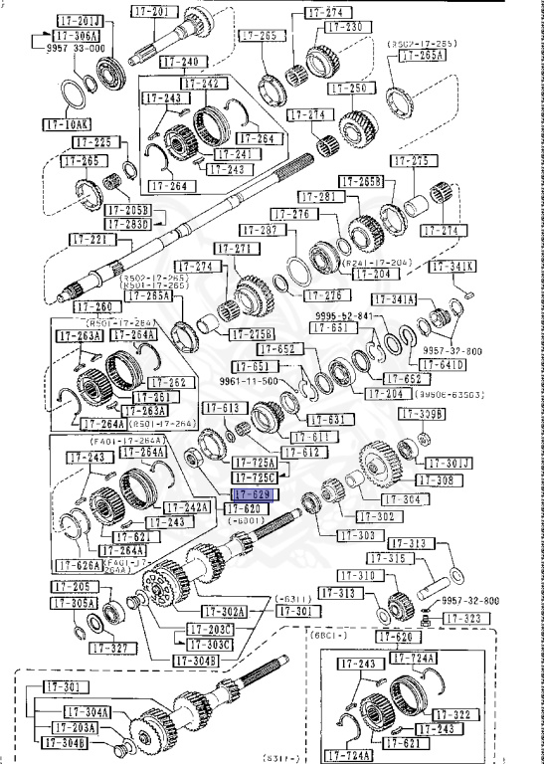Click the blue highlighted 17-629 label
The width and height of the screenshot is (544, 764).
coord(253,493)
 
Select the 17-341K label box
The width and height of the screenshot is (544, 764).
coord(453,267)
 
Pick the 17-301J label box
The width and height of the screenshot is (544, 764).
coord(448,463)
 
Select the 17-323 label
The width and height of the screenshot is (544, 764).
coord(464,618)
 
